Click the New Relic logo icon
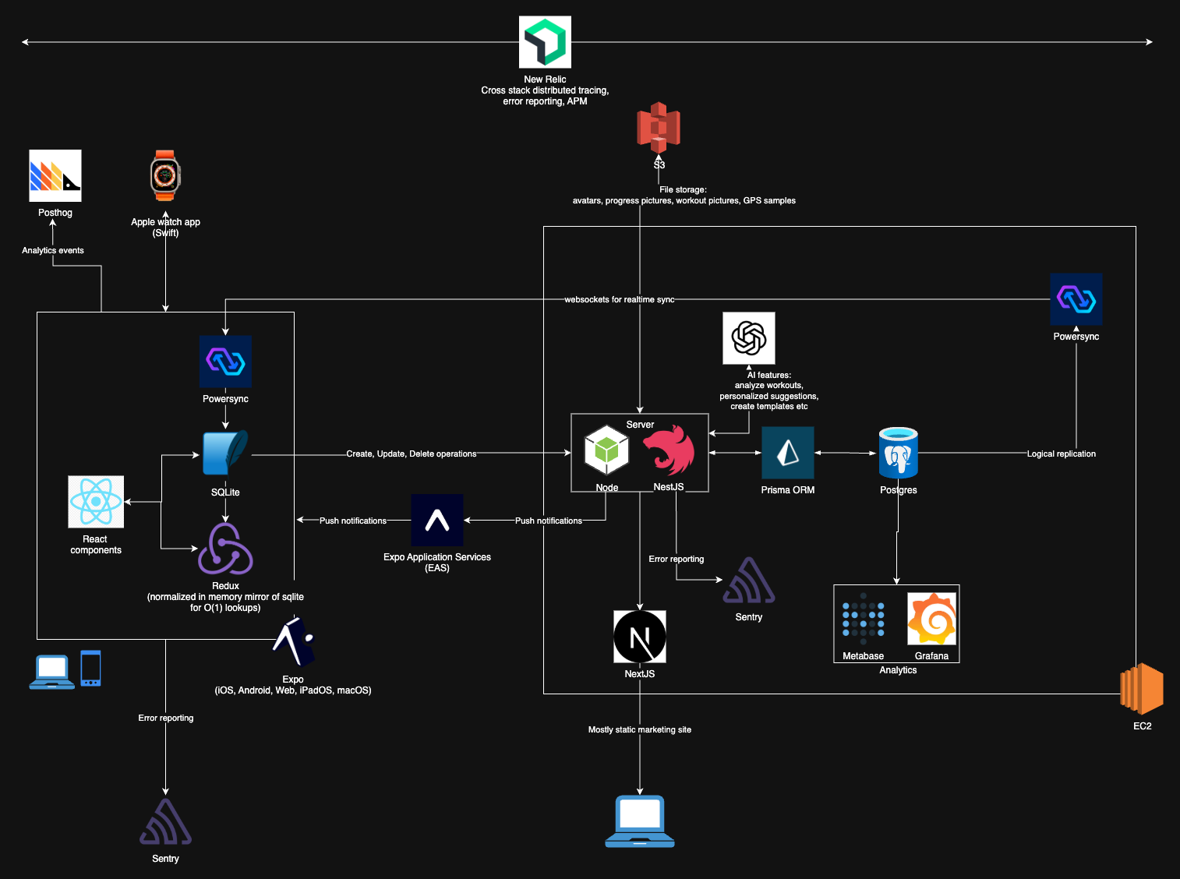coord(545,42)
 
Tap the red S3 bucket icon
coord(659,128)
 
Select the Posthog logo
coord(55,175)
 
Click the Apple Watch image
coord(165,176)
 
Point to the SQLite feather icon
coord(225,453)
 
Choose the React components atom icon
coord(96,502)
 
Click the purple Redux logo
coord(225,549)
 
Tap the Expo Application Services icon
coord(437,520)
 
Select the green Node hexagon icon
coord(606,450)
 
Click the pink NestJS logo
coord(669,450)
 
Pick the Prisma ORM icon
coord(788,453)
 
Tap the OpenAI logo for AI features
coord(749,338)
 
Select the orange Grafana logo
coord(932,619)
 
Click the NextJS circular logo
coord(640,637)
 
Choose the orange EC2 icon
coord(1142,689)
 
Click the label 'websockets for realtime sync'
coord(620,299)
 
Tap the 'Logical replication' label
coord(1061,454)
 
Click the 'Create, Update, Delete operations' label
coord(412,454)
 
